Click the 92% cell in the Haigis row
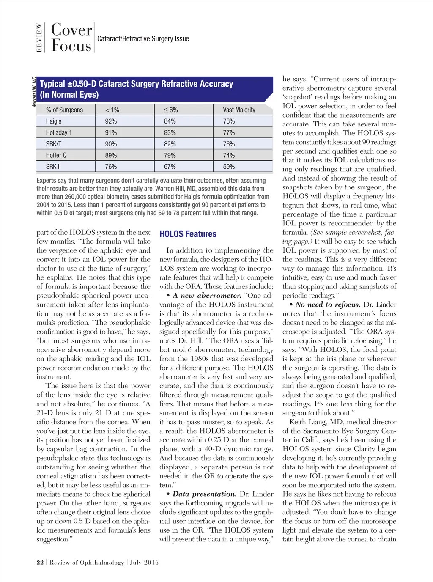click(111, 121)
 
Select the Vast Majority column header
click(239, 110)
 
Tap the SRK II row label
click(53, 167)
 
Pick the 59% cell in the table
click(229, 167)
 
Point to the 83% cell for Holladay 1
click(170, 133)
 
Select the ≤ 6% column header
click(171, 110)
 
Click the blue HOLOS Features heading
click(188, 234)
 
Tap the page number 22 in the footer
click(40, 562)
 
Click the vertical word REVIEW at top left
click(39, 38)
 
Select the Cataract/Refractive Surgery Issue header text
click(143, 39)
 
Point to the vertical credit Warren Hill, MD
click(34, 92)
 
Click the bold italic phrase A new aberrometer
click(207, 296)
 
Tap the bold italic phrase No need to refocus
click(328, 305)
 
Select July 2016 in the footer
click(144, 562)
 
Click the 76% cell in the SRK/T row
click(229, 144)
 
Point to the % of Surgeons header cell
click(64, 110)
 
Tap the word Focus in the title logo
click(71, 46)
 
